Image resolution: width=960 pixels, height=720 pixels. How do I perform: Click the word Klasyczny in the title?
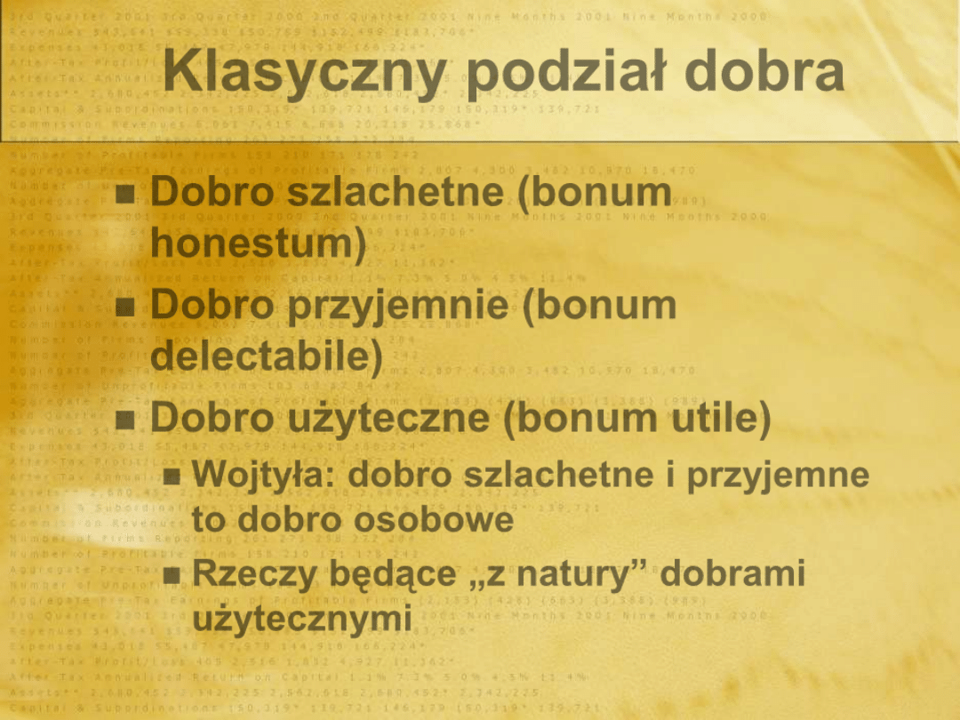pyautogui.click(x=304, y=72)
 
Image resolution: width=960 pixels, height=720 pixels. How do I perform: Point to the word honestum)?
pyautogui.click(x=259, y=244)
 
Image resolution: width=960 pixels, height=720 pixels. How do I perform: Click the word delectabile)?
pyautogui.click(x=267, y=356)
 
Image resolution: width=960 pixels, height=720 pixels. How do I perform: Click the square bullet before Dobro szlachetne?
pyautogui.click(x=125, y=192)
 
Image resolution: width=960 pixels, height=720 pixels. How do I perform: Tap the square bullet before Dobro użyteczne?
pyautogui.click(x=125, y=419)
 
